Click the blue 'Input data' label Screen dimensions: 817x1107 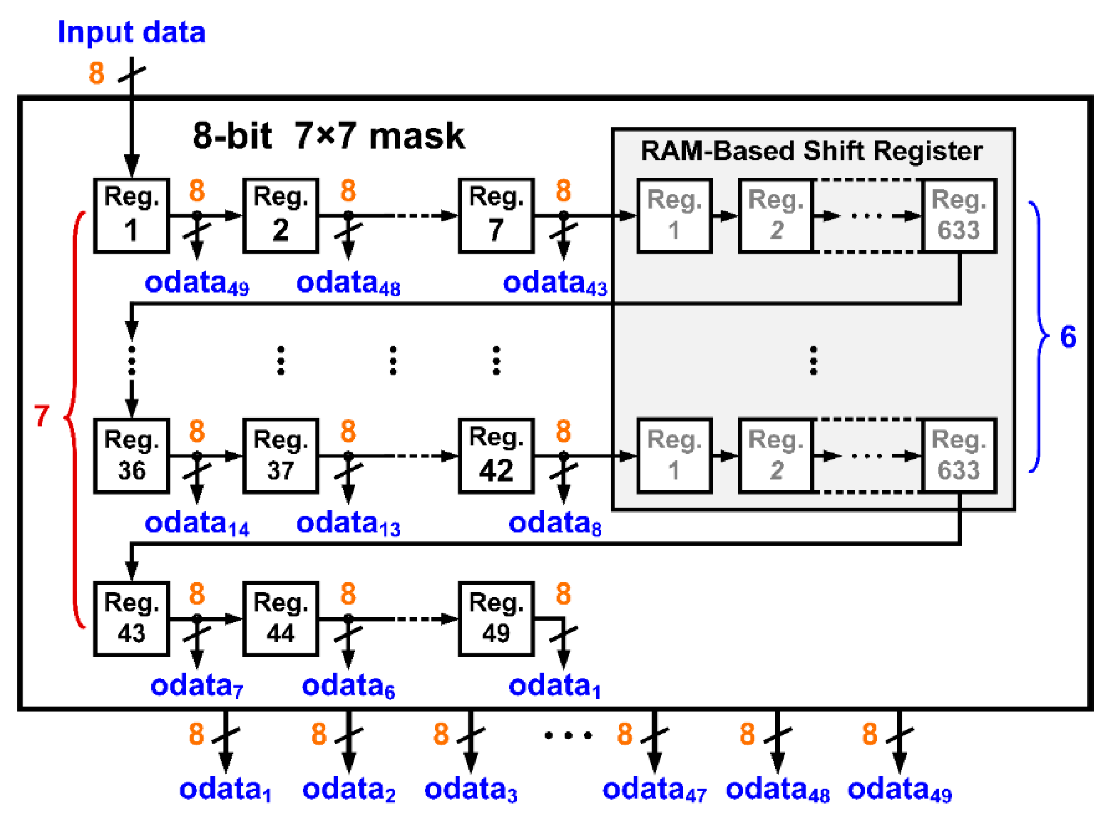click(x=132, y=33)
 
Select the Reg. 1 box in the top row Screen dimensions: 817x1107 click(x=132, y=216)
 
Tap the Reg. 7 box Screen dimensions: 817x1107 click(x=497, y=216)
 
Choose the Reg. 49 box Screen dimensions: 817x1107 click(x=497, y=619)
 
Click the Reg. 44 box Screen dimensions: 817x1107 click(x=280, y=619)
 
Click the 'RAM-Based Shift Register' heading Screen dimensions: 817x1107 click(x=811, y=151)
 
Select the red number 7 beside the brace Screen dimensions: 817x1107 click(x=41, y=416)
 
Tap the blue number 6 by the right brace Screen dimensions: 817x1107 click(x=1068, y=337)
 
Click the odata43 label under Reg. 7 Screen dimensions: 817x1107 click(x=555, y=284)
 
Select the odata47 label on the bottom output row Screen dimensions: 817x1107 click(x=654, y=790)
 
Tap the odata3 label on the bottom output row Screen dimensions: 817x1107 click(x=470, y=790)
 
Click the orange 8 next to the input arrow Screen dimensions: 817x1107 click(x=97, y=74)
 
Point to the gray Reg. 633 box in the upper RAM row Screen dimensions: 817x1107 click(x=958, y=216)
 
